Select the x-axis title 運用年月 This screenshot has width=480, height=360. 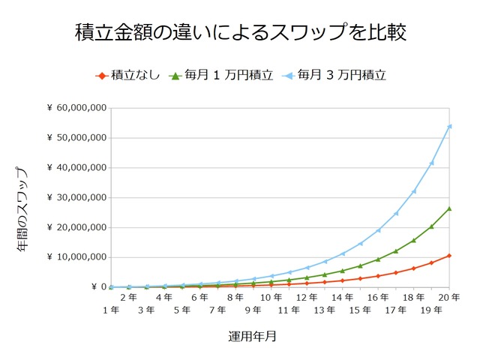252,337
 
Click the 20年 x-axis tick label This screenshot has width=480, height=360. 449,298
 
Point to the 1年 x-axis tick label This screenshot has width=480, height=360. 110,310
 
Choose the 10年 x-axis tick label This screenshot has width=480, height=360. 271,298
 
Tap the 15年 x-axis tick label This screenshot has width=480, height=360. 360,310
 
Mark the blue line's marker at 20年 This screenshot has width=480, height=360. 449,126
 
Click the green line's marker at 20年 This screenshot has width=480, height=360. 449,208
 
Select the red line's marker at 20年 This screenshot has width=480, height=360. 449,256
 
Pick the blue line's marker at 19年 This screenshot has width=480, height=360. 431,163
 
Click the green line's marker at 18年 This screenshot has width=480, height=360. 413,240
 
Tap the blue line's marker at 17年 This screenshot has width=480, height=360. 396,213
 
